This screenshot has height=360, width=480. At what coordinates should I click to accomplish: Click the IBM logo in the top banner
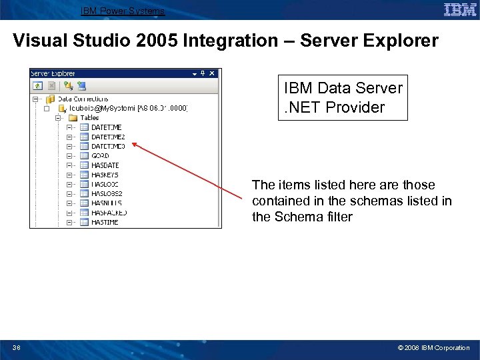coord(460,9)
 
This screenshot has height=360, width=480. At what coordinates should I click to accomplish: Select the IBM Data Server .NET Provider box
coord(343,97)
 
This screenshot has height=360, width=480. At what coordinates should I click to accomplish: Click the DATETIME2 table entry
coord(107,137)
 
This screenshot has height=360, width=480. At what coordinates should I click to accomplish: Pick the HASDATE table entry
coord(105,165)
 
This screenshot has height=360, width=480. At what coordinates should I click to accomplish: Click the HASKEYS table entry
coord(105,175)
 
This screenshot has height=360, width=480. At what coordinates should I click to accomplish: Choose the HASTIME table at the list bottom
coord(105,222)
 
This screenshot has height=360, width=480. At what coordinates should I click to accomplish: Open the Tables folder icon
coord(73,118)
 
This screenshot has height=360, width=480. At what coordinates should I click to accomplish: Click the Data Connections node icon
coord(50,99)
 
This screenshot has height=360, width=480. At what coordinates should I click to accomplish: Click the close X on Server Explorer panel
coord(212,73)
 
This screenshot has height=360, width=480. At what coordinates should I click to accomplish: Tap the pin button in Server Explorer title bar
coord(203,73)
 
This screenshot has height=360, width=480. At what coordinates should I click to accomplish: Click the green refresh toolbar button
coord(38,85)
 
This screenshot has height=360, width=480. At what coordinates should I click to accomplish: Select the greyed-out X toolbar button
coord(51,85)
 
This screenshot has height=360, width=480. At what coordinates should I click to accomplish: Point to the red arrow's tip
coord(131,142)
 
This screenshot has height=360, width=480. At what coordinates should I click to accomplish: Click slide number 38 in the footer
coord(17,347)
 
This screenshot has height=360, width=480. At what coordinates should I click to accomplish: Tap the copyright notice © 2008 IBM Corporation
coord(433,347)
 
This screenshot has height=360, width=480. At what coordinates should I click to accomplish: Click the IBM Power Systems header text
coord(122,11)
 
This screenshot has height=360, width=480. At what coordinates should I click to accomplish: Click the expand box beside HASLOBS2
coord(69,193)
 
